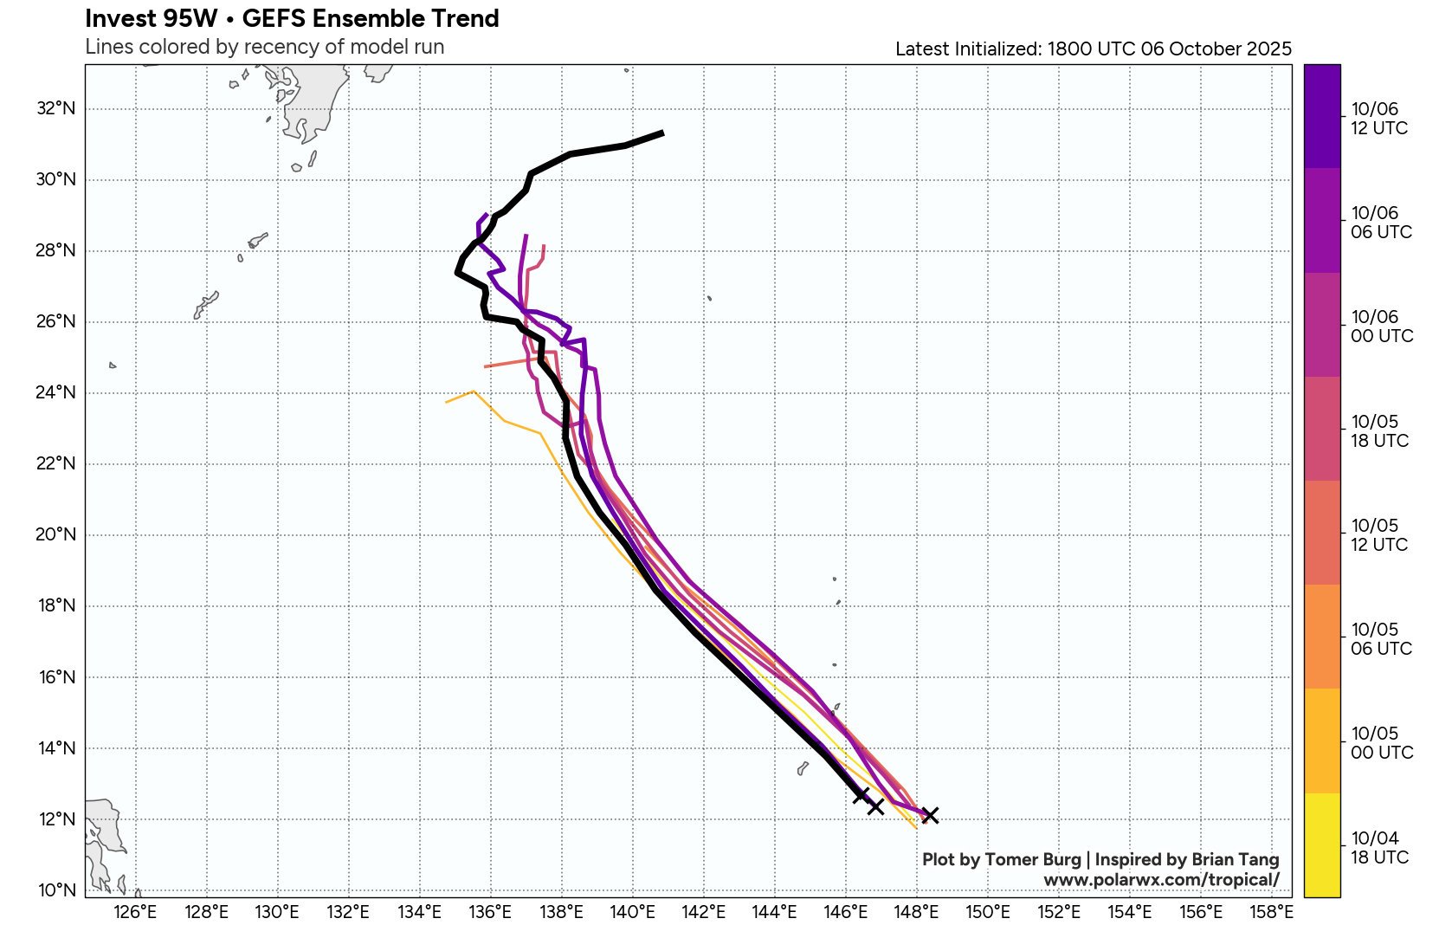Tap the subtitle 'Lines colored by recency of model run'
coord(264,47)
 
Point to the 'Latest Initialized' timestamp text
coord(1093,49)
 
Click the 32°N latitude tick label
coord(56,108)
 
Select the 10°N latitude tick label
coord(56,889)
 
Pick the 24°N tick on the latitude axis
coord(56,392)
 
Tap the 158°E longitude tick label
coord(1272,911)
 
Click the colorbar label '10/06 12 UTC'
coord(1379,119)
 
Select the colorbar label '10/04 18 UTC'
coord(1379,848)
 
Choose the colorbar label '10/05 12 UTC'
coord(1379,535)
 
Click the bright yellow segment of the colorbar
coord(1321,844)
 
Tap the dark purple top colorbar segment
coord(1321,115)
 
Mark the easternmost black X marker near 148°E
coord(930,815)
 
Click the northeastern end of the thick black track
coord(662,133)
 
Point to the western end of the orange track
coord(447,402)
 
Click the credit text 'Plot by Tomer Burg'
coord(1001,859)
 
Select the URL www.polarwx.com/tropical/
coord(1161,880)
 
